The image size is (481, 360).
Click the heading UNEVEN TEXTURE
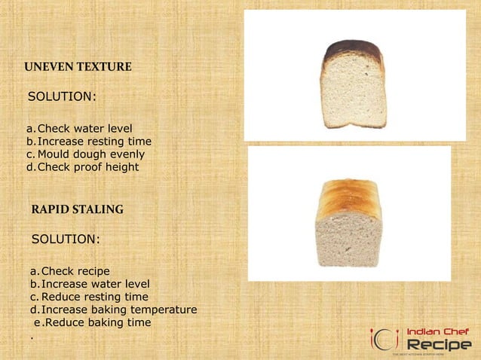click(78, 68)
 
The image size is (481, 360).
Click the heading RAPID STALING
click(78, 209)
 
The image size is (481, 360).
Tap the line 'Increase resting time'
click(94, 142)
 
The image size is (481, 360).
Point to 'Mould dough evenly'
click(90, 154)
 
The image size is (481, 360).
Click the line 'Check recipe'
click(75, 271)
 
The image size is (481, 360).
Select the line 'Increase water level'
click(95, 284)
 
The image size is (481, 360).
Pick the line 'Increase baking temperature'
click(119, 310)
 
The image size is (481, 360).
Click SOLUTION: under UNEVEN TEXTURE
click(62, 98)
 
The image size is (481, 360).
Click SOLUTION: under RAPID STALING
click(66, 239)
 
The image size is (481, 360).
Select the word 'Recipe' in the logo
click(439, 344)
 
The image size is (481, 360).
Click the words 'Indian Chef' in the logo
click(438, 331)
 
